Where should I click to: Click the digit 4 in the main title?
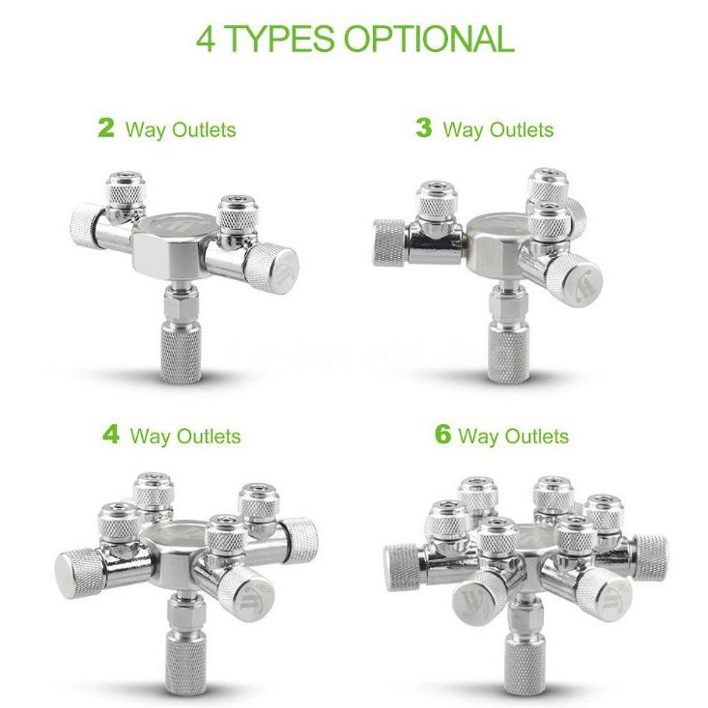click(x=206, y=40)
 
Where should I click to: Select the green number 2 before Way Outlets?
click(x=106, y=127)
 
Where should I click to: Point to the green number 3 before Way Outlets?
click(x=423, y=127)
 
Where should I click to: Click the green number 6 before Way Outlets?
click(x=443, y=434)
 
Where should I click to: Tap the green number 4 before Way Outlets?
click(x=111, y=434)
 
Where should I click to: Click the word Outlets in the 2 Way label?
click(x=204, y=130)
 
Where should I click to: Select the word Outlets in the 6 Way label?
click(x=537, y=437)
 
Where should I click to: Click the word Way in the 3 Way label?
click(x=463, y=131)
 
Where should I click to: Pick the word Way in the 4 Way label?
click(x=150, y=438)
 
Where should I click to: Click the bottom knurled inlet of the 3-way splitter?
click(x=507, y=353)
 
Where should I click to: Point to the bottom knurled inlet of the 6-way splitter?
click(x=524, y=664)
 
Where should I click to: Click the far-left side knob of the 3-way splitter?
click(x=389, y=242)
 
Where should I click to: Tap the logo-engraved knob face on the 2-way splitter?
click(x=282, y=270)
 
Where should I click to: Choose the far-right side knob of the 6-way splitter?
click(x=650, y=556)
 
